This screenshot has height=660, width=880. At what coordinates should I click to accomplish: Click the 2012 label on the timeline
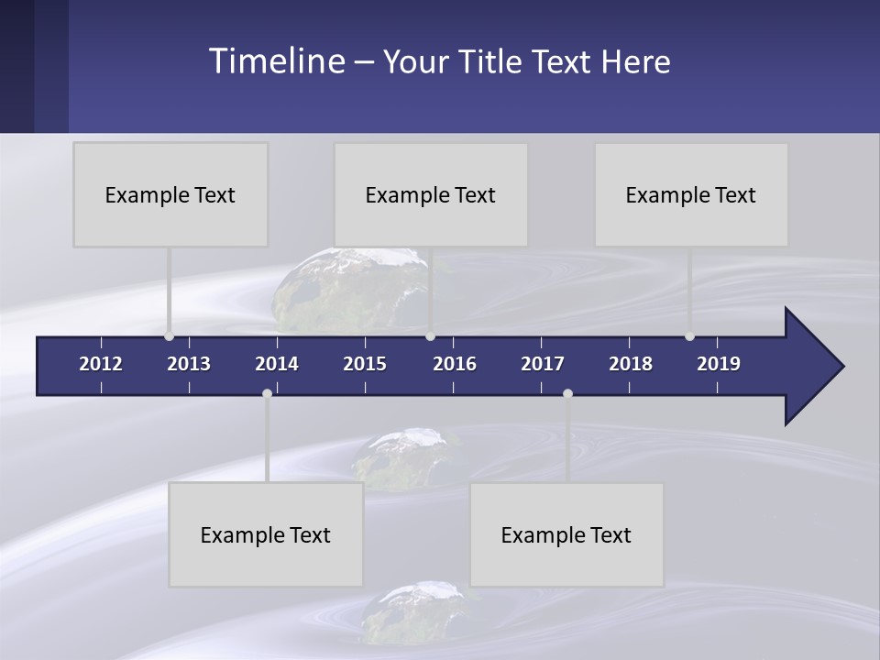click(101, 364)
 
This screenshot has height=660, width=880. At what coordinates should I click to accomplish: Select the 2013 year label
click(189, 364)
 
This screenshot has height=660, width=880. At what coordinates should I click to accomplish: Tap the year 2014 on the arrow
click(277, 364)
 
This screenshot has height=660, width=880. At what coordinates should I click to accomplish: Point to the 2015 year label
click(365, 364)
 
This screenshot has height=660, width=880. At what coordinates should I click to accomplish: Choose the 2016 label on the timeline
click(455, 364)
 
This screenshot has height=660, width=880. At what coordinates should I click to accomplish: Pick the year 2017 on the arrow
click(543, 364)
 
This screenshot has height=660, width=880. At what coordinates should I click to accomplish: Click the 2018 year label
click(631, 364)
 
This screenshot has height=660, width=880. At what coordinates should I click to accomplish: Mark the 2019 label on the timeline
click(719, 364)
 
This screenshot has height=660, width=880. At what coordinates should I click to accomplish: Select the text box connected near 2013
click(170, 194)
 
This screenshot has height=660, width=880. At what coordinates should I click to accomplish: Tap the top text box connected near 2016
click(431, 194)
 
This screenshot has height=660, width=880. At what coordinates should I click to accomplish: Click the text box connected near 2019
click(691, 194)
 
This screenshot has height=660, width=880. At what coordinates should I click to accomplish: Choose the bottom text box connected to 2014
click(266, 534)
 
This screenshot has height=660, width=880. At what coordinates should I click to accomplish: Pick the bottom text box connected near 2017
click(566, 534)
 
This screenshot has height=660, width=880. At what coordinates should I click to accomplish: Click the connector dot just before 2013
click(170, 336)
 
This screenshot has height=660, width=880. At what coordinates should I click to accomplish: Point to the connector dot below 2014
click(267, 393)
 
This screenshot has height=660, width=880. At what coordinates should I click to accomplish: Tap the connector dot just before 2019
click(690, 336)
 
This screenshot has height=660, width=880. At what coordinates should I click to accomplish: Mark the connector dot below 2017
click(567, 393)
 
